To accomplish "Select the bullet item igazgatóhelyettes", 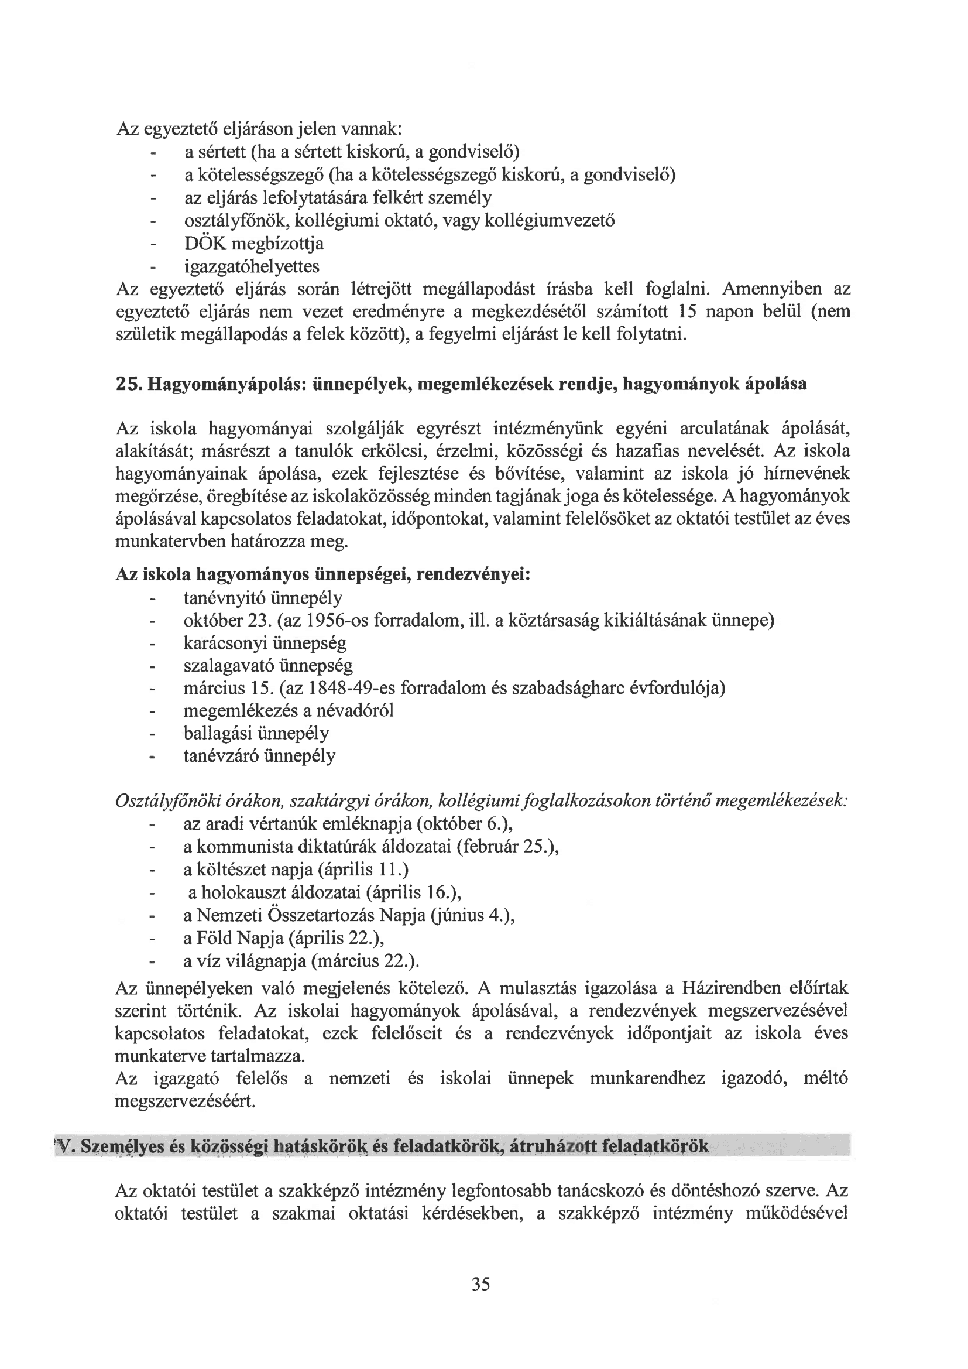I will (x=252, y=266).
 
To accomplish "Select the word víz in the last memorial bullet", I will (x=208, y=961).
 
